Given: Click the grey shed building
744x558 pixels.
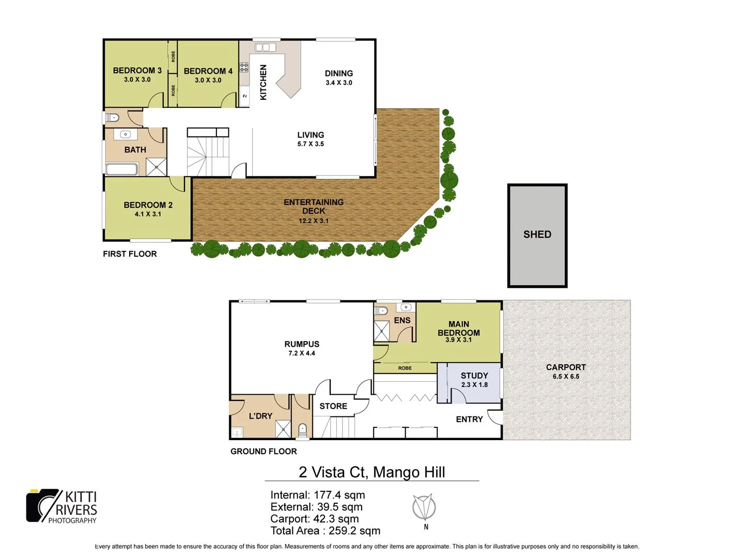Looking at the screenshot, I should [537, 236].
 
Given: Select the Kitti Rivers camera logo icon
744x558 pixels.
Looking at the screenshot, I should [43, 505].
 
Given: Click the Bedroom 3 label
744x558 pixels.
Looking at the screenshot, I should [137, 70].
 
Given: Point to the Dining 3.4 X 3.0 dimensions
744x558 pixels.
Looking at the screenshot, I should [339, 83].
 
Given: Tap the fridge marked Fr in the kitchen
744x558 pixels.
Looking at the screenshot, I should [244, 96].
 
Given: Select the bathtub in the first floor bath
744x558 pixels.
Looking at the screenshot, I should [122, 169].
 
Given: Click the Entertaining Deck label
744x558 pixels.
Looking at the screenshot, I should [314, 206].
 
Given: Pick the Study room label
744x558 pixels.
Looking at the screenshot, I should [474, 376].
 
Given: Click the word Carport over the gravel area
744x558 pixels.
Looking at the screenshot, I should [566, 367].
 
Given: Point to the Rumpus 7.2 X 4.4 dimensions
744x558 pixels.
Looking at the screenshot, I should [302, 353].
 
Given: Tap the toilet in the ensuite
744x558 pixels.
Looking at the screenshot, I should [381, 311].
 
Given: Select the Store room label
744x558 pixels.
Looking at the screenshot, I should [333, 406].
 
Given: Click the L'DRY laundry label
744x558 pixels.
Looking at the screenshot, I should [260, 416].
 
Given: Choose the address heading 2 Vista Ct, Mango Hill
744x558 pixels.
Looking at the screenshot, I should [371, 472].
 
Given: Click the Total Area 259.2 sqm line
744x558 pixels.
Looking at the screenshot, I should [325, 531].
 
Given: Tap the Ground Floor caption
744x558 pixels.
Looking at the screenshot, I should [263, 451].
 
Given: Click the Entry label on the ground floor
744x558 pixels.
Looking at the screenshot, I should [469, 419].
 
